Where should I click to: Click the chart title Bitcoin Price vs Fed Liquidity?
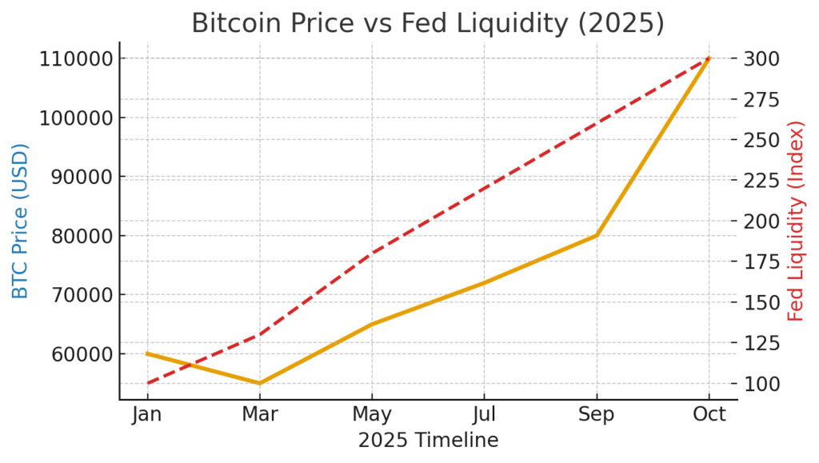428,23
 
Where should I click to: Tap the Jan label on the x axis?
147,415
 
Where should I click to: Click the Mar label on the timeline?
259,415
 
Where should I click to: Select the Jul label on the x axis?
484,415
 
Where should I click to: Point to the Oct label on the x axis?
709,415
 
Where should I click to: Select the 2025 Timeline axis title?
428,441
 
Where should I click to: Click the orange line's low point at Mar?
259,383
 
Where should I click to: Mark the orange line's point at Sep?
597,236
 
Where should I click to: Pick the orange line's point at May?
372,324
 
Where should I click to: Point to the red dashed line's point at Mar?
259,334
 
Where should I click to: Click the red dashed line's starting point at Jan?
147,383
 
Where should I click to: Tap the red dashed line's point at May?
372,253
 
